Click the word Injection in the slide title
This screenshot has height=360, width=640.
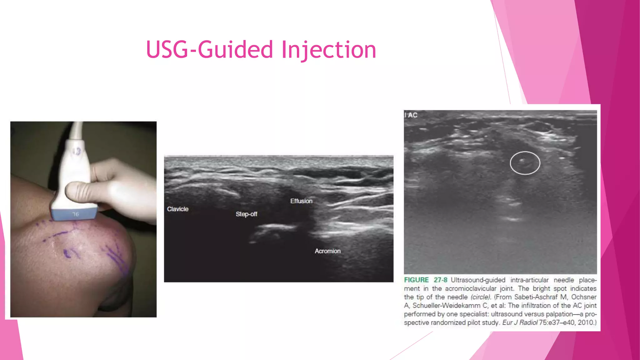(x=329, y=50)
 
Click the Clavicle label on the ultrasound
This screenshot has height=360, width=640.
(x=177, y=209)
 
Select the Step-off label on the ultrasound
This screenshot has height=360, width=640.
(x=246, y=214)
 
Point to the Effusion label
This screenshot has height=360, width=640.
(x=301, y=201)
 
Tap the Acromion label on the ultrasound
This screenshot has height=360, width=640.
(x=327, y=251)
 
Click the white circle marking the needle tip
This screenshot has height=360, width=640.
(x=525, y=163)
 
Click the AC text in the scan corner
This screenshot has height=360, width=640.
(x=412, y=115)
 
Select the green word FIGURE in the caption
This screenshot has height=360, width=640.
(x=416, y=280)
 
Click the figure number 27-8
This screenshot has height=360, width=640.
(x=440, y=280)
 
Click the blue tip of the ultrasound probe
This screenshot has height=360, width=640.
(x=74, y=214)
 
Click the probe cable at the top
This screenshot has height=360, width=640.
(x=76, y=130)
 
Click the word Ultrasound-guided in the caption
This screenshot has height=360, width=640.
(x=478, y=280)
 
